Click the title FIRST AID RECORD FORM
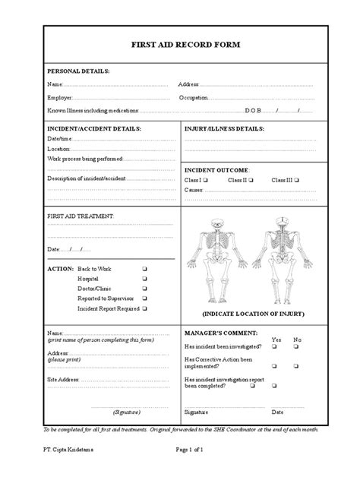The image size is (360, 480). click(180, 45)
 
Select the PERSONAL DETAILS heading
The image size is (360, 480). click(79, 71)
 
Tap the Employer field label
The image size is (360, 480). click(61, 98)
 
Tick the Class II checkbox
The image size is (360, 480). click(251, 180)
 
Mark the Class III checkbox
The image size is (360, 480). click(296, 180)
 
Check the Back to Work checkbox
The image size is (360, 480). click(144, 270)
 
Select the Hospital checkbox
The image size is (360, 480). click(144, 279)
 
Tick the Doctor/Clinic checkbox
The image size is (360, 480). click(144, 289)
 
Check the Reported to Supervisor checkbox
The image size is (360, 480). click(144, 299)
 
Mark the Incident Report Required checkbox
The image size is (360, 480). click(144, 309)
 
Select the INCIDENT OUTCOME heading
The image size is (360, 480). click(216, 169)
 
